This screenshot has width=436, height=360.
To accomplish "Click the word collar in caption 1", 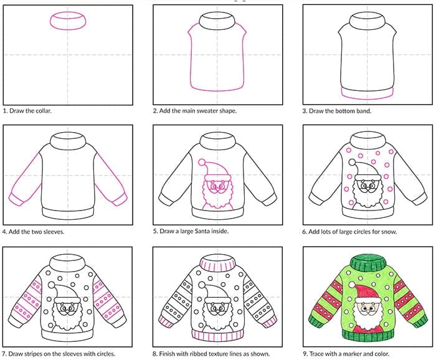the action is (44, 111).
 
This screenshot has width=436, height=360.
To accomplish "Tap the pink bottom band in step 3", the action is (367, 98).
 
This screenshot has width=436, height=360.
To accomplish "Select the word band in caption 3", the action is (364, 111).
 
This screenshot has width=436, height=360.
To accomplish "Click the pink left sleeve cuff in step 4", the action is (16, 199).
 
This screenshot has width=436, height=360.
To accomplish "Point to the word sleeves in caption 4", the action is (54, 232).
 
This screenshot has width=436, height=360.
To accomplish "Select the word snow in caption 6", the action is (389, 232).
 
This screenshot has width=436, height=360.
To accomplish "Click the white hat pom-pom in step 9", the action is (352, 285).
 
